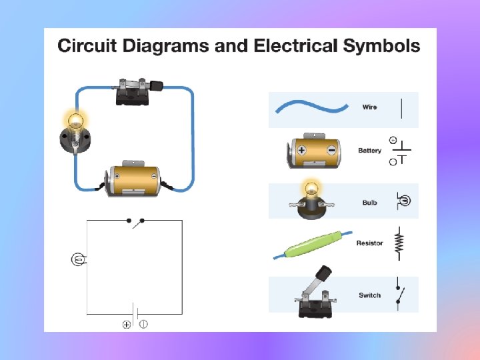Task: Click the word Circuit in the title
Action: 87,46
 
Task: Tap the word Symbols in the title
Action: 382,46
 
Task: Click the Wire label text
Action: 369,107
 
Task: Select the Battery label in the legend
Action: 369,151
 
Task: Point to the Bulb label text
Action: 369,203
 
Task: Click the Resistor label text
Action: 369,243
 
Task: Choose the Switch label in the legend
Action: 369,295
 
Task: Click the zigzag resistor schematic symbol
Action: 399,243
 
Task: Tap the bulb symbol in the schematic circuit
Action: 77,259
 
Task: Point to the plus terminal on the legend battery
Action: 301,150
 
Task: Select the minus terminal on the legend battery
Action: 331,151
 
